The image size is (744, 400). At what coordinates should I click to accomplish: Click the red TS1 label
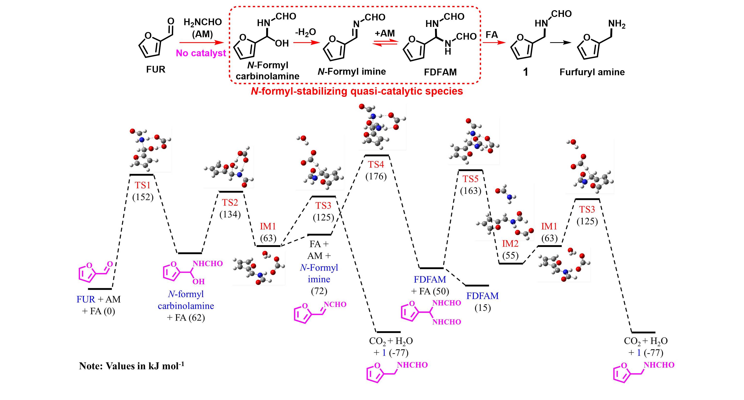click(142, 185)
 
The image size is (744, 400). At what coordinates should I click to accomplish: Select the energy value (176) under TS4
click(376, 176)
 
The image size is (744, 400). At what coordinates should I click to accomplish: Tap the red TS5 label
click(471, 179)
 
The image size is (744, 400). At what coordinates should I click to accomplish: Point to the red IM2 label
click(510, 244)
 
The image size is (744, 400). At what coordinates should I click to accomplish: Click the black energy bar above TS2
click(231, 192)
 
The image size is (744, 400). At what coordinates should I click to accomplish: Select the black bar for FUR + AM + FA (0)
click(100, 288)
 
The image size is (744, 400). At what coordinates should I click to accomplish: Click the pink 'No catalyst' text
click(201, 53)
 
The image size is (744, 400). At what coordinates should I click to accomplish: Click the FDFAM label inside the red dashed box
click(440, 72)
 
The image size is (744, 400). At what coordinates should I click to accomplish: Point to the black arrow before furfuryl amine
click(560, 43)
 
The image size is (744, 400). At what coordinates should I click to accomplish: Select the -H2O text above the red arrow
click(305, 32)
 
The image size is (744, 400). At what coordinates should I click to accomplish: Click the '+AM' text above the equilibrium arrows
click(384, 33)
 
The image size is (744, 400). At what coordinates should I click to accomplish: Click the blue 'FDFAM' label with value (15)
click(482, 296)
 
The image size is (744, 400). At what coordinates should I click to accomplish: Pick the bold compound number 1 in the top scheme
click(526, 72)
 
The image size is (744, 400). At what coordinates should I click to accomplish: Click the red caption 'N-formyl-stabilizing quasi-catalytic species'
click(357, 91)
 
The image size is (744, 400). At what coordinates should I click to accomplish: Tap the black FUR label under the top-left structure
click(156, 70)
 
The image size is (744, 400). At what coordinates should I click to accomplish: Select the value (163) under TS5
click(471, 191)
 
